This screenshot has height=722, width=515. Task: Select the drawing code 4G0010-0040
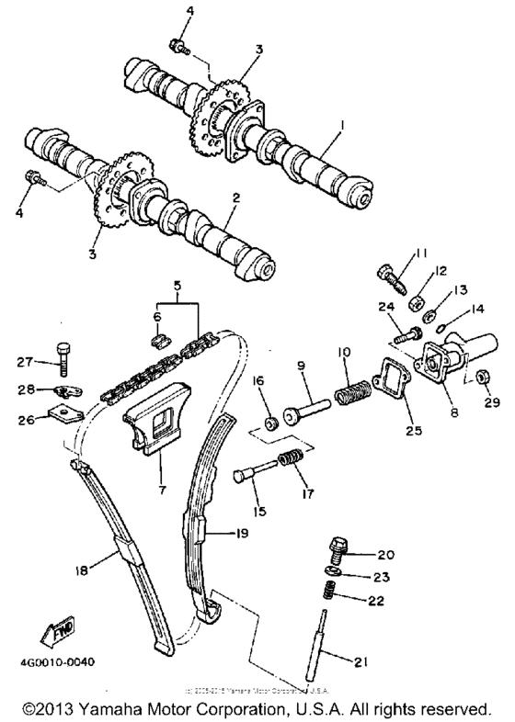(x=58, y=660)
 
